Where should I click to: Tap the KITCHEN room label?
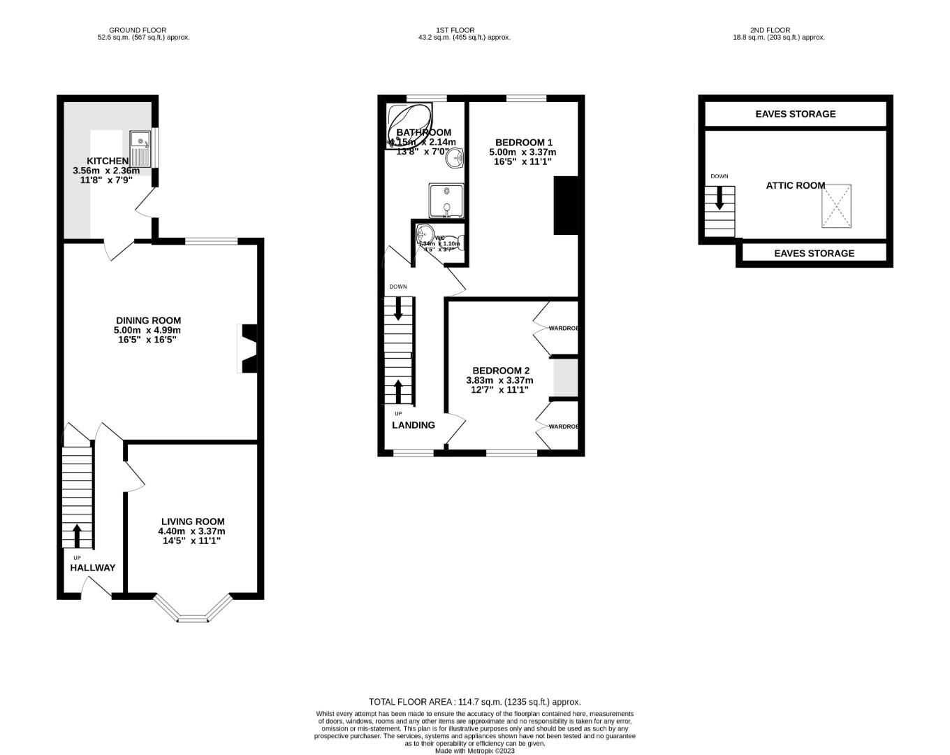[107, 161]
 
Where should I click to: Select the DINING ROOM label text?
[148, 320]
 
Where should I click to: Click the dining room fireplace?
[249, 348]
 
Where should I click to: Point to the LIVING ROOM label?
[193, 522]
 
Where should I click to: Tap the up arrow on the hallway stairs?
[77, 535]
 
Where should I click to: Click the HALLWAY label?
[92, 568]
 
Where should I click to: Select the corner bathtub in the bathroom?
[408, 123]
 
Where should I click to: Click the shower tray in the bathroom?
[446, 201]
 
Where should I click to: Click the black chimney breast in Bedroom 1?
[565, 205]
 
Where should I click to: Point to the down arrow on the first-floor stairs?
[398, 308]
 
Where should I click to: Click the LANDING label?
[413, 425]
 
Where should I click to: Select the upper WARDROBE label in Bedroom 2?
[563, 328]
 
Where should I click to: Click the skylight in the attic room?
[836, 206]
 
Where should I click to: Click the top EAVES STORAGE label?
[795, 114]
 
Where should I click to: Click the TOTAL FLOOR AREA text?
[474, 702]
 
